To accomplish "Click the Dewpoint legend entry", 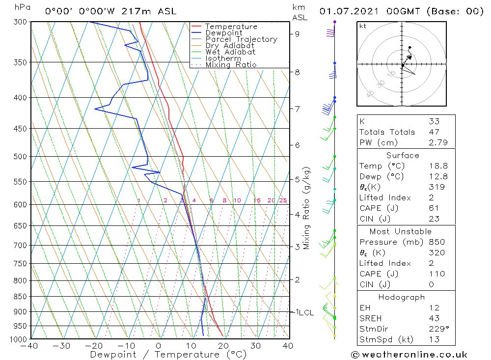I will point(223,33).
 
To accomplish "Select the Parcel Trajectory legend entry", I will point(241,39).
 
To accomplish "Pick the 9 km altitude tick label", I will point(298,34).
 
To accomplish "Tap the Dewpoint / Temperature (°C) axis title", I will point(168,355).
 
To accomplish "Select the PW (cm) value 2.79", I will point(434,142).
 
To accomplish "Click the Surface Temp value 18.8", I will point(434,166).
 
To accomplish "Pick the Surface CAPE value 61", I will point(434,208).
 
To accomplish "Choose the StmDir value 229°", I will point(436,329).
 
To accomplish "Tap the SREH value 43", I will point(434,318).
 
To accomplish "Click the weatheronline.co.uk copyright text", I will point(409,355).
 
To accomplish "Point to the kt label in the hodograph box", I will point(363,26).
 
